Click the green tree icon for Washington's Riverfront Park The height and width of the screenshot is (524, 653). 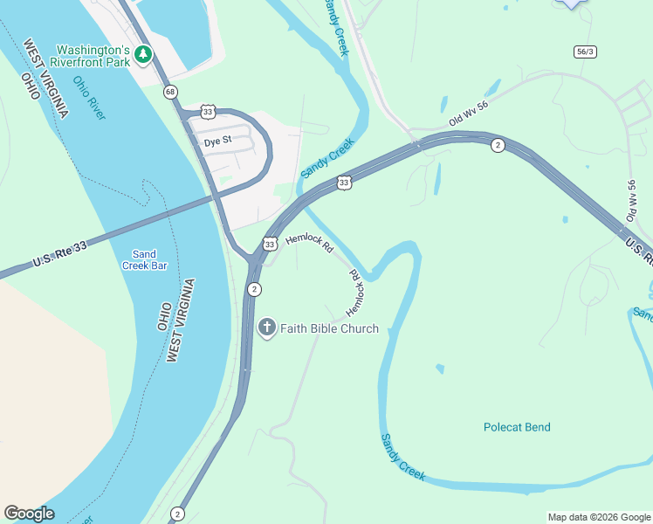(x=142, y=55)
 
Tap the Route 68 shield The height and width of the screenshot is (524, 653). (x=169, y=92)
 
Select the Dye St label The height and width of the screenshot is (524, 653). (x=217, y=140)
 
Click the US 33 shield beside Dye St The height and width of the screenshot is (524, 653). (x=207, y=112)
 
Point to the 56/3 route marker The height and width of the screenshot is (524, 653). (x=585, y=52)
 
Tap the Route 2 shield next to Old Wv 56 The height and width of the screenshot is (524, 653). (x=497, y=145)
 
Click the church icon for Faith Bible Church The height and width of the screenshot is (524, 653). (x=267, y=328)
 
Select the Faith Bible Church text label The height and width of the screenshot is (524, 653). (x=329, y=328)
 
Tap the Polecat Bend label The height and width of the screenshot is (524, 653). (x=517, y=427)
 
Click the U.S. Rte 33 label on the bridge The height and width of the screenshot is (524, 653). (x=60, y=254)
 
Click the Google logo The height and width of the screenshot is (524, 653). (x=29, y=514)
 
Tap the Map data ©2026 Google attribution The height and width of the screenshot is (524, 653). (x=598, y=517)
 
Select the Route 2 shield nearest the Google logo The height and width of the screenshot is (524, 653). (x=177, y=514)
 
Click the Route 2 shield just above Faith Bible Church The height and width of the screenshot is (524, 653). (x=253, y=289)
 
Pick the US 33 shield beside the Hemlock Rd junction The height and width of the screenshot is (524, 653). (x=270, y=245)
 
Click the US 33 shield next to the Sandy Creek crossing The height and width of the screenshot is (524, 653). (x=344, y=183)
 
